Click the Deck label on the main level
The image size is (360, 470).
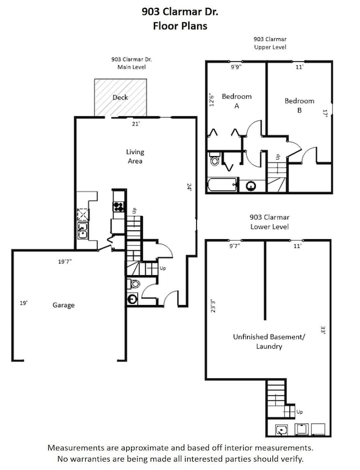tap(120, 97)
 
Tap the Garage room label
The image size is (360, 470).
tap(64, 305)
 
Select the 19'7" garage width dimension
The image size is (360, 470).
tap(65, 262)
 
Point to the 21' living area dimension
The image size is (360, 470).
tap(136, 124)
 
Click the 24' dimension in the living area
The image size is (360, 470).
tap(189, 187)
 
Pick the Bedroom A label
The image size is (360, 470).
tap(236, 101)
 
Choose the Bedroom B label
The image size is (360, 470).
tap(300, 106)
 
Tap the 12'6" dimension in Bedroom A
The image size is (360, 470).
tap(212, 100)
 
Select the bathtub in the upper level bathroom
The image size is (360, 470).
tap(223, 185)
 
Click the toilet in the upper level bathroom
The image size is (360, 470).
tap(215, 159)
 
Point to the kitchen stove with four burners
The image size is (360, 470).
tap(118, 207)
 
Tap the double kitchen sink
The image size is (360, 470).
tap(83, 231)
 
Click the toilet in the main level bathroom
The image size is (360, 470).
tap(134, 283)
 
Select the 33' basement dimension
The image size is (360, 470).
tap(323, 330)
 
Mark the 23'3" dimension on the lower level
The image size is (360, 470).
tap(213, 306)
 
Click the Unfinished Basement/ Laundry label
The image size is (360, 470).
tap(269, 342)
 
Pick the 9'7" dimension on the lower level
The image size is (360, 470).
tap(235, 246)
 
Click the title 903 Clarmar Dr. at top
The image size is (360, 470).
tap(180, 12)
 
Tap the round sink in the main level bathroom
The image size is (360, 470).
tap(132, 299)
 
